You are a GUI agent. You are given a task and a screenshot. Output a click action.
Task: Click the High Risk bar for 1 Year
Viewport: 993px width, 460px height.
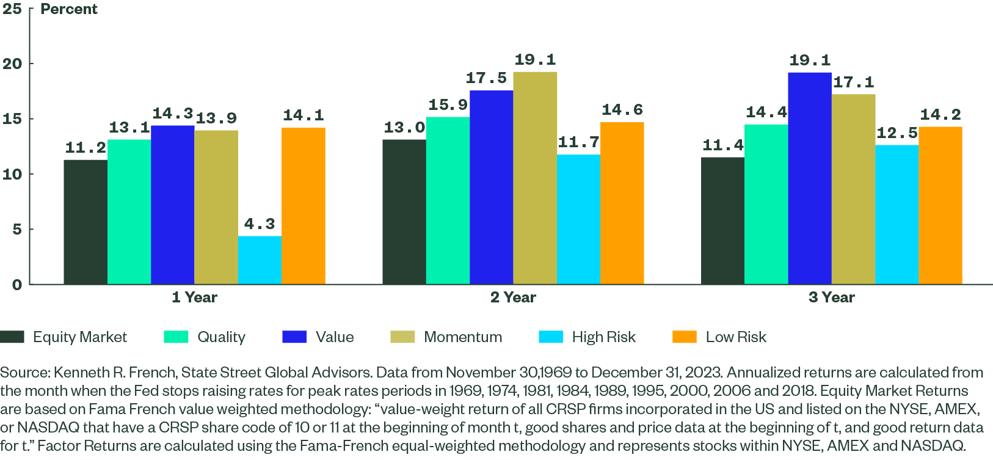pyautogui.click(x=260, y=260)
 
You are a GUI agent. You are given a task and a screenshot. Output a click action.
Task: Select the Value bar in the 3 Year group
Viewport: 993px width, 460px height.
pyautogui.click(x=809, y=178)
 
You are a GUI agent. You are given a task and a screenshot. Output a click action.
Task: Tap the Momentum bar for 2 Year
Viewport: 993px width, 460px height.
pyautogui.click(x=535, y=178)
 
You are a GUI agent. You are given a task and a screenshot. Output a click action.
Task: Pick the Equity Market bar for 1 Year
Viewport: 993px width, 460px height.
pyautogui.click(x=85, y=222)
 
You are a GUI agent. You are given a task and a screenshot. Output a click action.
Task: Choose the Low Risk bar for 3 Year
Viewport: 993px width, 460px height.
pyautogui.click(x=940, y=205)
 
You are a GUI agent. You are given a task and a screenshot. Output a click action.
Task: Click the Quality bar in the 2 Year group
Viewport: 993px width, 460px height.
pyautogui.click(x=448, y=200)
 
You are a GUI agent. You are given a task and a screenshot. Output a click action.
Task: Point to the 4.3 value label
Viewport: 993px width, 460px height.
pyautogui.click(x=260, y=224)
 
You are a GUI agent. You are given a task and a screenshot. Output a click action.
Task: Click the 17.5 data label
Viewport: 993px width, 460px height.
pyautogui.click(x=486, y=78)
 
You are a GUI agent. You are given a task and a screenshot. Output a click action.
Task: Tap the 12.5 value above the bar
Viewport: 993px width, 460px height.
pyautogui.click(x=897, y=133)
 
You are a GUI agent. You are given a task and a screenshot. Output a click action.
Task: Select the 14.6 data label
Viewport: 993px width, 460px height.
pyautogui.click(x=622, y=110)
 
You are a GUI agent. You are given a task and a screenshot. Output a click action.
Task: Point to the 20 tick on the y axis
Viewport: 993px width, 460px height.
pyautogui.click(x=12, y=64)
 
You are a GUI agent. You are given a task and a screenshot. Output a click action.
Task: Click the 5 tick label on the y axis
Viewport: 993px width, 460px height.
pyautogui.click(x=16, y=229)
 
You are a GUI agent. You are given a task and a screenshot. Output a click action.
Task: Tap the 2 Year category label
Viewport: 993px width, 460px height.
pyautogui.click(x=513, y=298)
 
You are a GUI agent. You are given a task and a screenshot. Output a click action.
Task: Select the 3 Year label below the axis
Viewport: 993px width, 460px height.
pyautogui.click(x=831, y=298)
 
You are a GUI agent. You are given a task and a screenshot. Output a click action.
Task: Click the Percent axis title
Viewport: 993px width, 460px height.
pyautogui.click(x=68, y=9)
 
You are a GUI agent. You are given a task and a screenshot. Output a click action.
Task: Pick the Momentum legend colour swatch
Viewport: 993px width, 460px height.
pyautogui.click(x=402, y=337)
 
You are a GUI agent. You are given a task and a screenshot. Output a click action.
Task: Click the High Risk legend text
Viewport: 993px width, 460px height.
pyautogui.click(x=603, y=337)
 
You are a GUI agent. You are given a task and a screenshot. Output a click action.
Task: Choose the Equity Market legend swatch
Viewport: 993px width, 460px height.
pyautogui.click(x=12, y=337)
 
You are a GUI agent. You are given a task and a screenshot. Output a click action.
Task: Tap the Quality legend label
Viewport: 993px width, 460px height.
pyautogui.click(x=221, y=337)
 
